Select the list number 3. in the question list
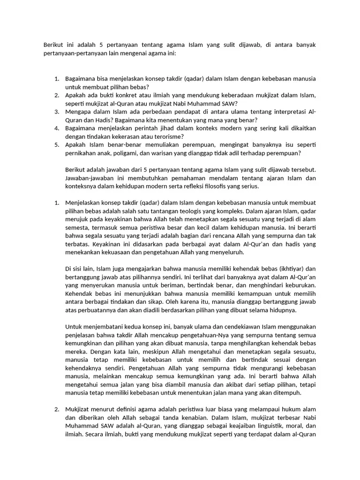click(57, 112)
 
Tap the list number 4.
click(57, 128)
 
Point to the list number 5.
click(57, 144)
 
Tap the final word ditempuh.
click(287, 393)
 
